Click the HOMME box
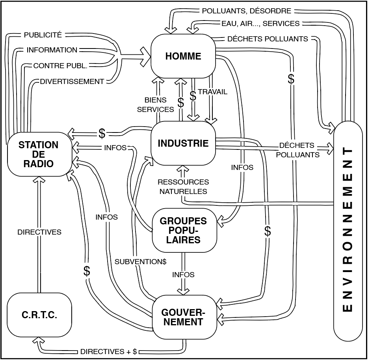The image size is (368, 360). click(x=183, y=56)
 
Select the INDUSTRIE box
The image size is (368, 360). click(x=183, y=143)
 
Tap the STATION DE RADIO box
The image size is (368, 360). click(x=39, y=154)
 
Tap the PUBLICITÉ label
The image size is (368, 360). click(x=43, y=35)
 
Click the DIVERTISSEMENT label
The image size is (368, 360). click(x=72, y=82)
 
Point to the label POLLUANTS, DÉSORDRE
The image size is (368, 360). click(x=247, y=11)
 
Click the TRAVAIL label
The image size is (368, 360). click(x=213, y=92)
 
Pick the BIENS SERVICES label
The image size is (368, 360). click(x=156, y=105)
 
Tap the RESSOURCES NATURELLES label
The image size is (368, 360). click(x=183, y=187)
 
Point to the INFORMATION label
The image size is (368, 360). click(x=52, y=50)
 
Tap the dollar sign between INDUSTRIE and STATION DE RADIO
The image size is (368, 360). click(x=102, y=133)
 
